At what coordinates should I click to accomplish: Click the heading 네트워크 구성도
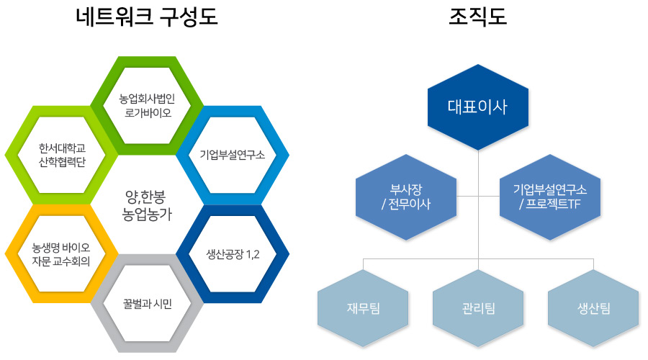(x=147, y=17)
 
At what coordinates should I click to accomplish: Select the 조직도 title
(x=478, y=17)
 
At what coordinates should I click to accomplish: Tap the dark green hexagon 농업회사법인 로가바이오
(x=147, y=106)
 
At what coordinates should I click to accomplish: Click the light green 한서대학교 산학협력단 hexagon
(x=61, y=154)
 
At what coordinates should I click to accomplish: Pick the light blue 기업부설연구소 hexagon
(x=232, y=154)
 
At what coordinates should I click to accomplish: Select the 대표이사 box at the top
(x=478, y=107)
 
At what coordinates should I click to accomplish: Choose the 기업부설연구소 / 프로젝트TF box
(x=550, y=197)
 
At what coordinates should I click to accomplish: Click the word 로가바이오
(x=147, y=113)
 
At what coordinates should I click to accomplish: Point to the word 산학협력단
(x=61, y=162)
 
